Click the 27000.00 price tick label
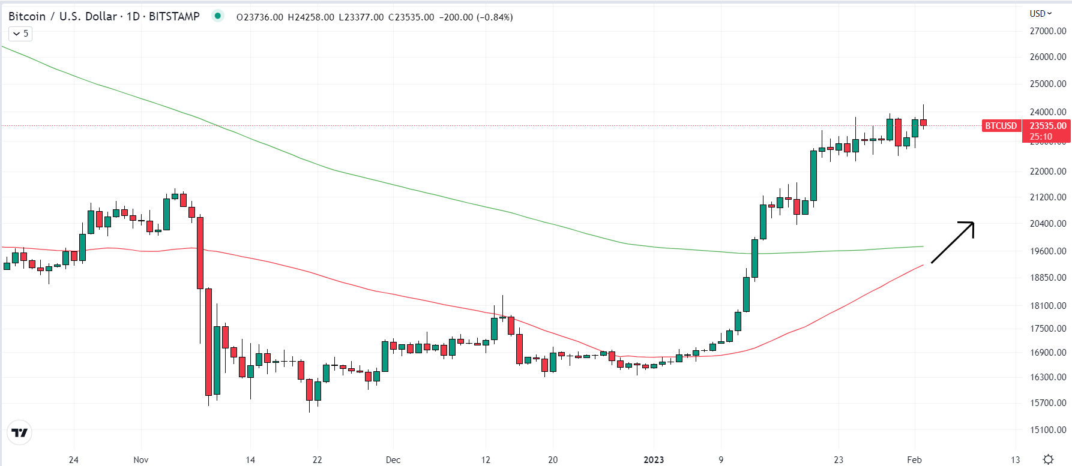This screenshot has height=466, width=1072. click(1048, 31)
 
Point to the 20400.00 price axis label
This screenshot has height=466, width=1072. click(1048, 224)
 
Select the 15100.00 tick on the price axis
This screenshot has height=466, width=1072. click(1048, 430)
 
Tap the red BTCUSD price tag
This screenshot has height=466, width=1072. click(1001, 126)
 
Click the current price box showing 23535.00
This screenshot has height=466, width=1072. click(1047, 126)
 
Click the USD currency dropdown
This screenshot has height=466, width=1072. click(1041, 13)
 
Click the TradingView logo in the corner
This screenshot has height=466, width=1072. click(20, 432)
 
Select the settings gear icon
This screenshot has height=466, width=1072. click(1048, 459)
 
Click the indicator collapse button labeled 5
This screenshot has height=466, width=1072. click(20, 34)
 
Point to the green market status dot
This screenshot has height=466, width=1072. click(217, 16)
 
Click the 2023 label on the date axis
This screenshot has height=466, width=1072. click(654, 460)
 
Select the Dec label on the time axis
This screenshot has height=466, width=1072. click(393, 460)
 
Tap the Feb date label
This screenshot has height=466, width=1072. click(914, 460)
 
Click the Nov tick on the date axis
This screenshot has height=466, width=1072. click(141, 460)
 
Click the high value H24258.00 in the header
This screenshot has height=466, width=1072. click(311, 17)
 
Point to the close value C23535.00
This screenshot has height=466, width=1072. click(411, 17)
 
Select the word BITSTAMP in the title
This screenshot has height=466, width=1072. click(174, 17)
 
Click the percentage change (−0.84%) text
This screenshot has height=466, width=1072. click(495, 17)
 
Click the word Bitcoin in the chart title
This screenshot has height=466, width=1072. click(27, 17)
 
